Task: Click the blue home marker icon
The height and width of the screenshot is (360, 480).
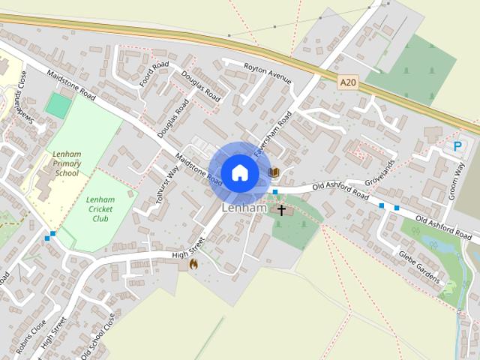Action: tap(239, 172)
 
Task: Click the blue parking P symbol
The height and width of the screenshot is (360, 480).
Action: tap(457, 148)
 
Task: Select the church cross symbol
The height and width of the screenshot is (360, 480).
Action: tap(283, 211)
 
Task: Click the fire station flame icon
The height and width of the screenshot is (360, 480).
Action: tap(193, 264)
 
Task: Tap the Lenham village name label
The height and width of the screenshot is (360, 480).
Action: tap(244, 207)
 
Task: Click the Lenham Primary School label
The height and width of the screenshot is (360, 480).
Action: tap(66, 163)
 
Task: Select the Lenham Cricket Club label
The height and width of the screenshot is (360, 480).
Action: tap(99, 208)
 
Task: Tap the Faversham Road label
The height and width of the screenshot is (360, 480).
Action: tap(273, 133)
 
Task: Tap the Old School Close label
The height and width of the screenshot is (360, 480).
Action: tap(98, 336)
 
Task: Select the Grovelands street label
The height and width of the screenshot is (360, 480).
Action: tap(379, 172)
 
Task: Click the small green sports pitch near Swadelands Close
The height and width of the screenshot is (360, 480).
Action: tap(57, 105)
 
